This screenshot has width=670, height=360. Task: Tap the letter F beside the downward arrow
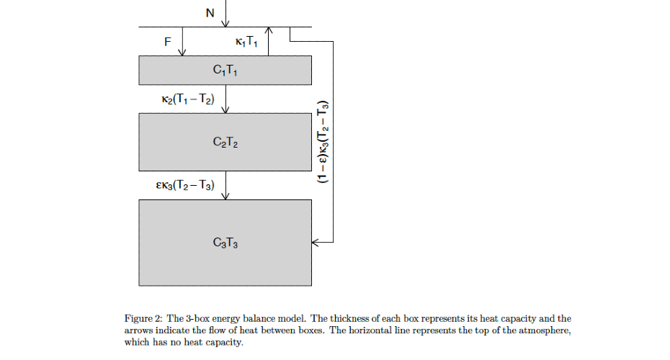pyautogui.click(x=168, y=42)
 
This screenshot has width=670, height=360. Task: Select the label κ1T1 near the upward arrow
pyautogui.click(x=246, y=42)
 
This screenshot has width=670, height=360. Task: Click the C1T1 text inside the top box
pyautogui.click(x=225, y=70)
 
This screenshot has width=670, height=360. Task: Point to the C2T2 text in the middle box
pyautogui.click(x=225, y=143)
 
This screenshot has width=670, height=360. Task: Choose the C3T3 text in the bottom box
pyautogui.click(x=225, y=243)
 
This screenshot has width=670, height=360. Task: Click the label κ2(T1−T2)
pyautogui.click(x=189, y=99)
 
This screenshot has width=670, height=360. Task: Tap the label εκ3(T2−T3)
pyautogui.click(x=185, y=186)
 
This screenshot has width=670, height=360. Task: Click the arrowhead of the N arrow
pyautogui.click(x=225, y=24)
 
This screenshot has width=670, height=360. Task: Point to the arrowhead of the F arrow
pyautogui.click(x=182, y=52)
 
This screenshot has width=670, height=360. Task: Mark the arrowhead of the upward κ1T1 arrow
pyautogui.click(x=269, y=30)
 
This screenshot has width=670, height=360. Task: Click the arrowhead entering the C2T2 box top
pyautogui.click(x=225, y=109)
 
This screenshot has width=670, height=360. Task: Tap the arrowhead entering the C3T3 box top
pyautogui.click(x=225, y=196)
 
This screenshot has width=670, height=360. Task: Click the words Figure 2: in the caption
pyautogui.click(x=144, y=318)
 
